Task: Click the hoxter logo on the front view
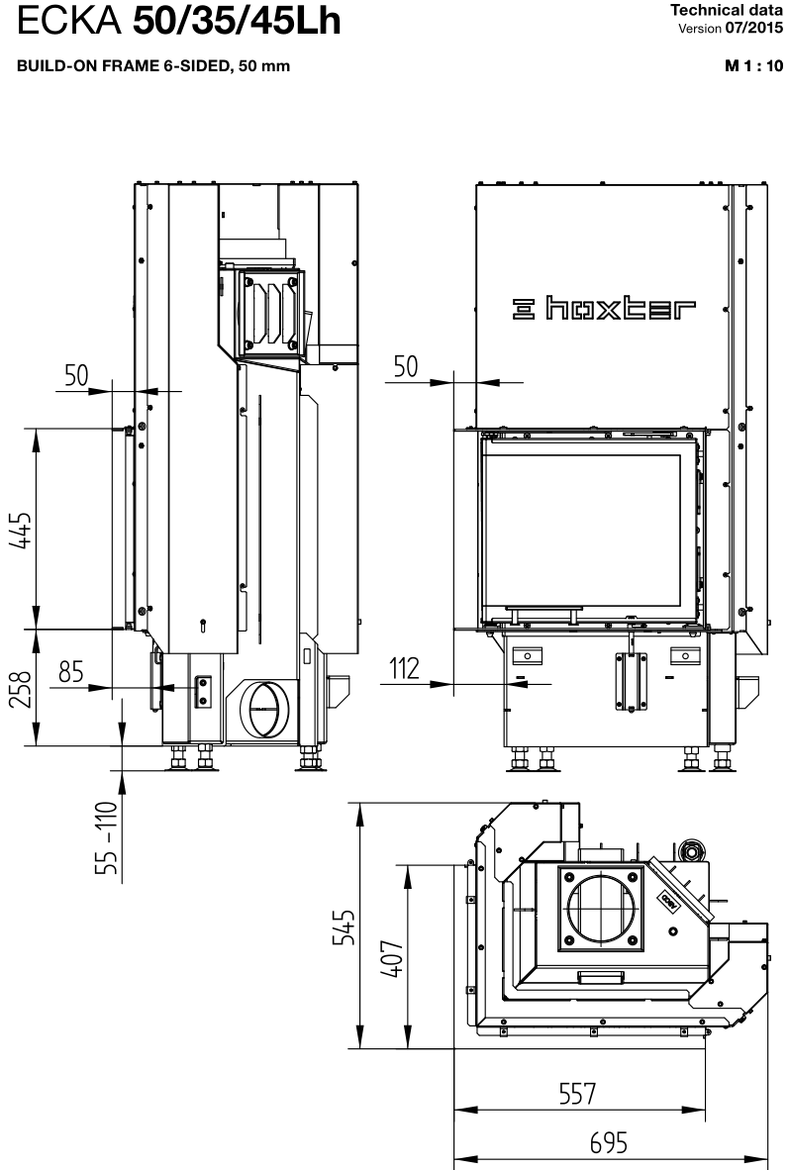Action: click(604, 308)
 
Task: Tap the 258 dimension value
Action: click(21, 690)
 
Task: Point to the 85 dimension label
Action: click(71, 671)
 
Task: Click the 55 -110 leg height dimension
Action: click(108, 837)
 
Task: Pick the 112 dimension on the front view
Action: click(405, 668)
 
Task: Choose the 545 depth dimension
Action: click(344, 927)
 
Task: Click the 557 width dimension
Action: click(578, 1094)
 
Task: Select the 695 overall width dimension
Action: click(609, 1142)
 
